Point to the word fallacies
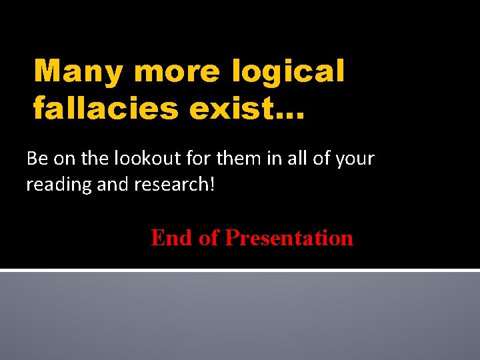tap(105, 107)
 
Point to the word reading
tap(59, 185)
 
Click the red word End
tap(172, 238)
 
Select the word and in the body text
tap(112, 185)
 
